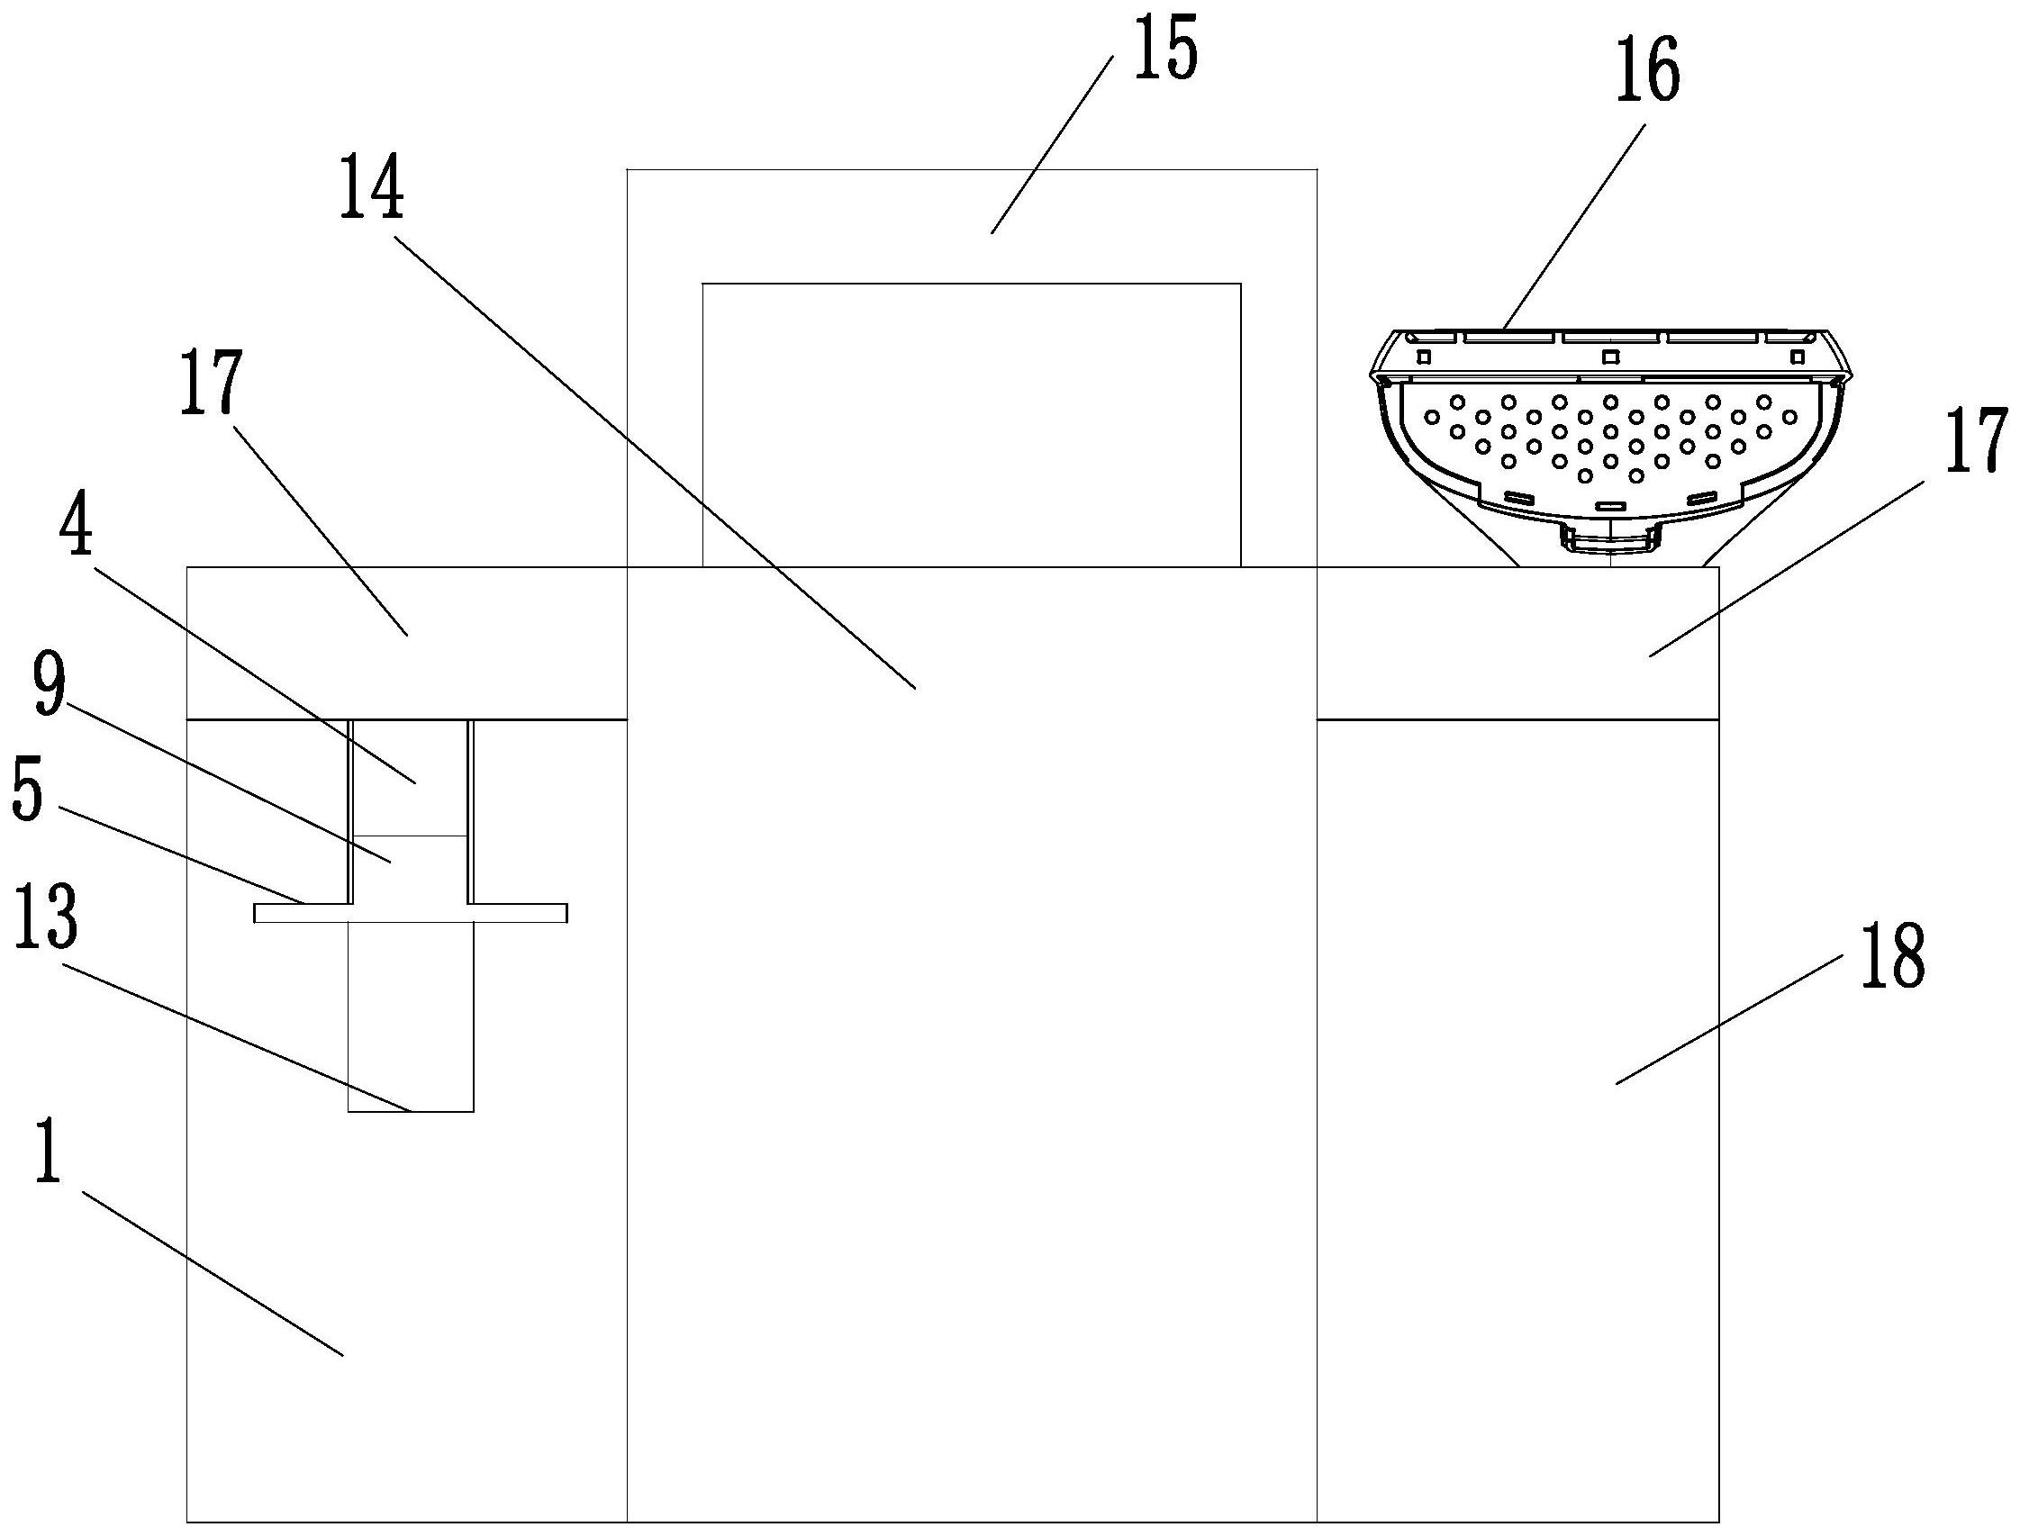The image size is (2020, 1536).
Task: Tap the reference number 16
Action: [x=1647, y=74]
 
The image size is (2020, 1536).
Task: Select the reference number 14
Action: [x=371, y=187]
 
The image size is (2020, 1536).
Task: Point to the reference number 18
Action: [x=1891, y=954]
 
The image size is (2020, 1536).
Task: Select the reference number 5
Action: [x=27, y=787]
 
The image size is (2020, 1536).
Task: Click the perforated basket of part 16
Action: [x=1609, y=438]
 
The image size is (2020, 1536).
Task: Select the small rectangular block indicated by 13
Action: [x=411, y=1015]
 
